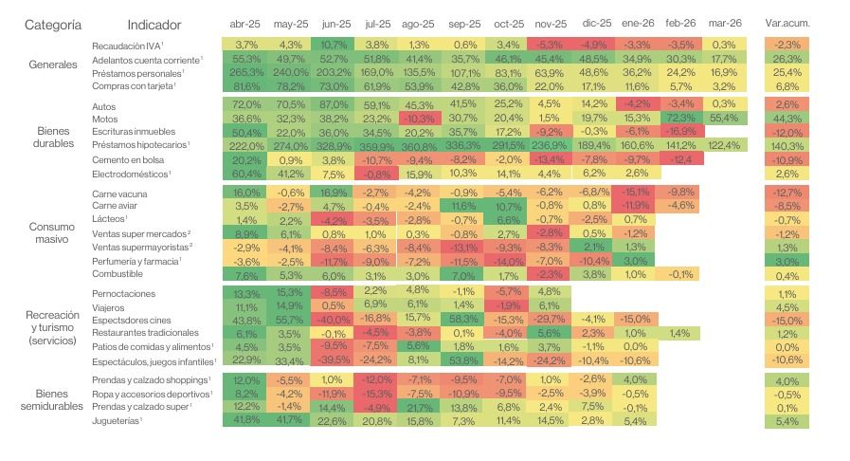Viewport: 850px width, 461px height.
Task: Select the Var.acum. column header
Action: [x=787, y=23]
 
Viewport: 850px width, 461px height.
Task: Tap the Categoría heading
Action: [x=53, y=24]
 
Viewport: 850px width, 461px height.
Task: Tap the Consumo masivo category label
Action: [x=53, y=233]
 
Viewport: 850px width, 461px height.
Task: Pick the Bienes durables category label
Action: [x=53, y=138]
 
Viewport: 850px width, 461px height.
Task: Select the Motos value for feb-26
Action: [x=681, y=118]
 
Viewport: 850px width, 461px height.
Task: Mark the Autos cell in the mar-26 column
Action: [x=724, y=103]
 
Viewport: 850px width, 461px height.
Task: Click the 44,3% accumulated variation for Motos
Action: [x=787, y=118]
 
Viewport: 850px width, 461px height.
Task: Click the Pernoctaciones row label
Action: [x=124, y=294]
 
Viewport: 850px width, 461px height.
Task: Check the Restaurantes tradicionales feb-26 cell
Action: [x=681, y=333]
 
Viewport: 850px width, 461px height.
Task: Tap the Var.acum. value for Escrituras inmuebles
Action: [x=787, y=132]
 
